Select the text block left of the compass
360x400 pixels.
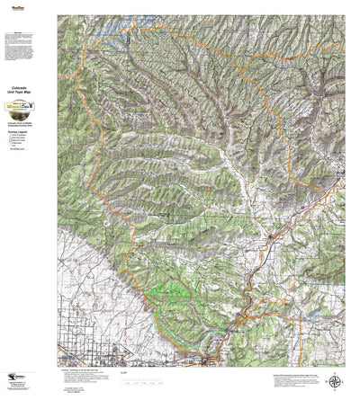point(288,378)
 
